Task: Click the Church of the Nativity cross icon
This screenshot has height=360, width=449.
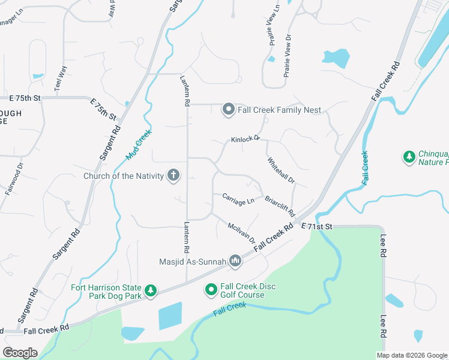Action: [x=173, y=175]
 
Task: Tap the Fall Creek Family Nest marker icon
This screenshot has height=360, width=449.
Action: [x=228, y=110]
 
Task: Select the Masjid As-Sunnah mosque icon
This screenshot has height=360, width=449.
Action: [x=235, y=260]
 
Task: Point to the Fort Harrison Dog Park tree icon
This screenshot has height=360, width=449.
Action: [x=151, y=291]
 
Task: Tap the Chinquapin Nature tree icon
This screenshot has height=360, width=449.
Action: [x=409, y=157]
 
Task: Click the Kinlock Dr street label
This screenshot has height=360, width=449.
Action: [x=246, y=139]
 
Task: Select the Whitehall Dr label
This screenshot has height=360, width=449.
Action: [x=281, y=171]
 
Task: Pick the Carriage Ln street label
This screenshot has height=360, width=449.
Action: [x=238, y=199]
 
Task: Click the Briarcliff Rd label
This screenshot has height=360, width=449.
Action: [x=280, y=205]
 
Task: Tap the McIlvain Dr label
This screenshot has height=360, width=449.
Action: [x=241, y=231]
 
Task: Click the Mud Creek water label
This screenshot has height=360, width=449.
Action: [x=137, y=146]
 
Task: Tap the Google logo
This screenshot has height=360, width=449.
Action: [x=20, y=353]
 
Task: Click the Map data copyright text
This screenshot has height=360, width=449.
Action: [x=412, y=355]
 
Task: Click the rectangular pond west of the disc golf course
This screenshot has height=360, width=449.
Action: [x=170, y=316]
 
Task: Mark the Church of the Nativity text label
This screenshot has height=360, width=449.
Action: [x=124, y=176]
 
